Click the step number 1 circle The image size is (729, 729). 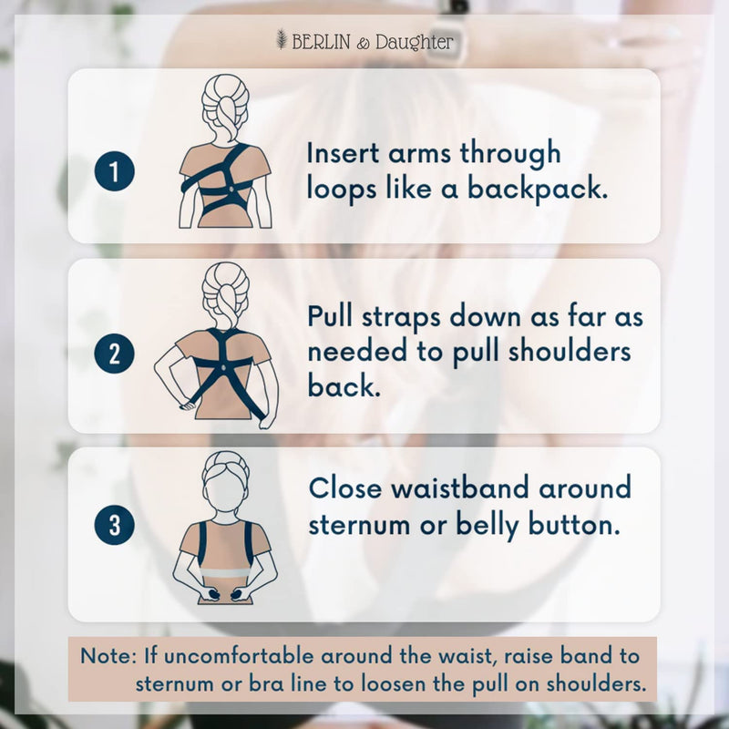114,172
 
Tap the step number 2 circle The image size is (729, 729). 114,354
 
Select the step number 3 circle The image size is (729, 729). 114,525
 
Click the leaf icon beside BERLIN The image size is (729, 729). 282,41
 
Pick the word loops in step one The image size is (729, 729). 342,189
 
